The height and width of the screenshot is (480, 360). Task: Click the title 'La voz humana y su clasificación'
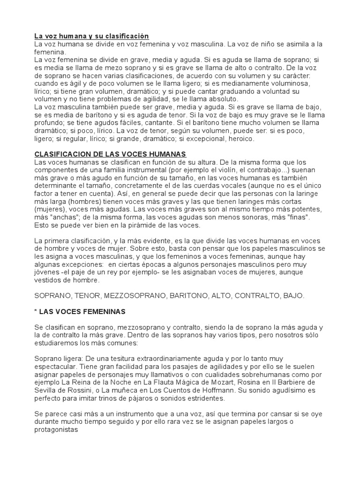click(x=91, y=36)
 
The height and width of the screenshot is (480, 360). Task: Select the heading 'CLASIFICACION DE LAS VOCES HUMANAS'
click(x=111, y=154)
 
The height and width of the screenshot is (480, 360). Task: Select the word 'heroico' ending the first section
click(x=240, y=139)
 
